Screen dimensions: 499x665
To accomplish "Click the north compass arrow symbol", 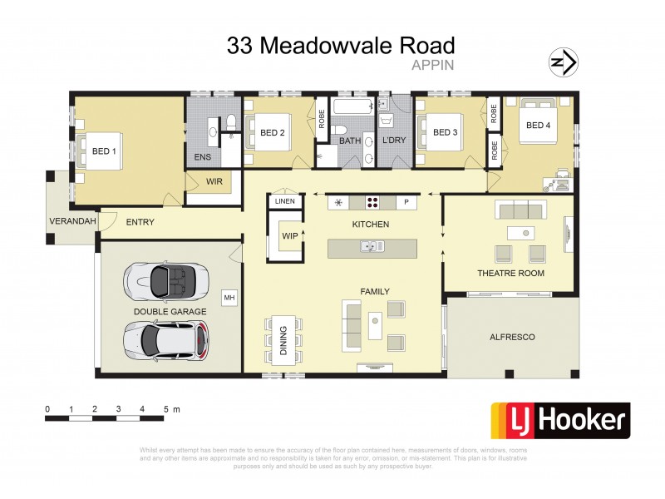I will [564, 62].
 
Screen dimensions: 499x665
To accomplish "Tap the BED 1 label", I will [104, 151].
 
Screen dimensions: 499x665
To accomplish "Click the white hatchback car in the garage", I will [165, 338].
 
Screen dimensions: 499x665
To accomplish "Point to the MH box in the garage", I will [228, 297].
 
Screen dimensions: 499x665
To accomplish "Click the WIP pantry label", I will [289, 236].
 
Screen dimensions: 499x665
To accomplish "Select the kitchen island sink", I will [369, 246].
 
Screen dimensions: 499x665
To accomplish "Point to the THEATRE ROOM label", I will [510, 273].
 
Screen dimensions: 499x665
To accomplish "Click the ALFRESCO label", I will [512, 337].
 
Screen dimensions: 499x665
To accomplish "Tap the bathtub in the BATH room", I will [351, 107].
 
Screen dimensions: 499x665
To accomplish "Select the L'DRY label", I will [394, 141].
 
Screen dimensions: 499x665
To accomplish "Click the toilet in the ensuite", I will [232, 122].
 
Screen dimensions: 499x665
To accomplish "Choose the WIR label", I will [214, 180].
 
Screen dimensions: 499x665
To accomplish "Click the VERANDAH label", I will [71, 222].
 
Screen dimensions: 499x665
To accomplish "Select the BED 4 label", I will [538, 126].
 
